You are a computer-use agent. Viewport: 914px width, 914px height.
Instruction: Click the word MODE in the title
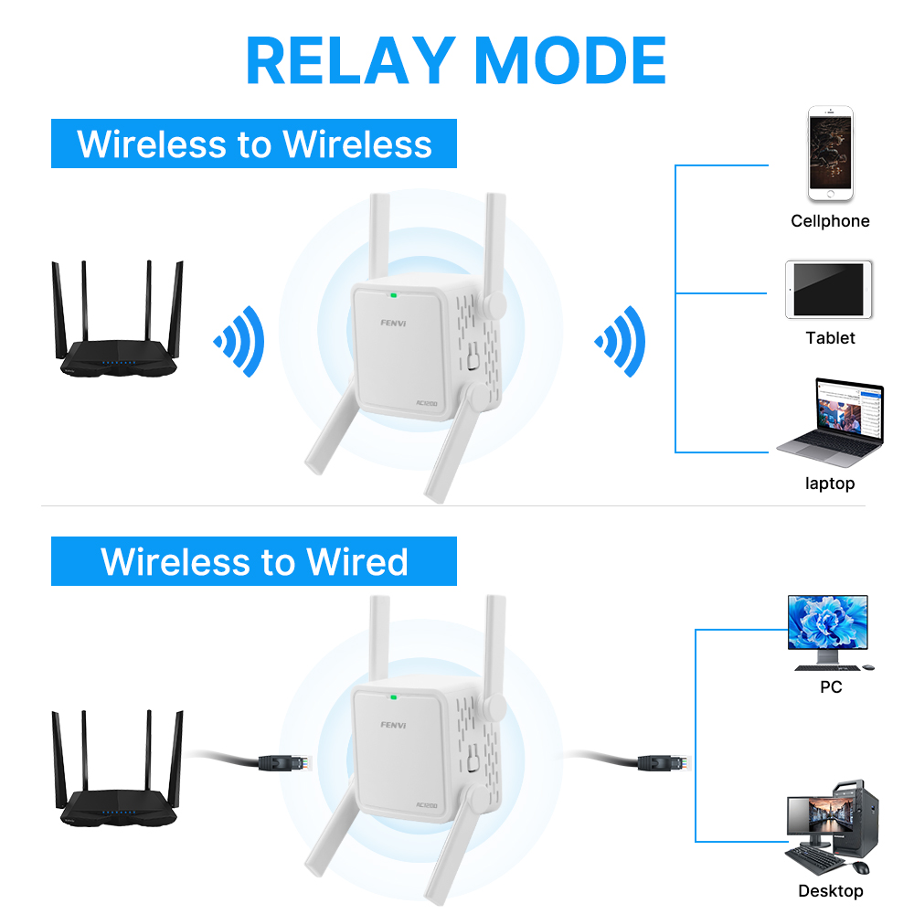tap(570, 60)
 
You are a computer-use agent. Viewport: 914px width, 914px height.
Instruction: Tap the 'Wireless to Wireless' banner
tap(254, 143)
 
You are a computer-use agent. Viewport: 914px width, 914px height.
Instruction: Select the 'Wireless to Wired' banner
tap(254, 561)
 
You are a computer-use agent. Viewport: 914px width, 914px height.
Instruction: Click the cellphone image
tap(830, 154)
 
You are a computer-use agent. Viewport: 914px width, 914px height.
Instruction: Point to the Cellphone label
tap(830, 221)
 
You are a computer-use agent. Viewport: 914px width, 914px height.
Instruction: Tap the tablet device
tap(829, 290)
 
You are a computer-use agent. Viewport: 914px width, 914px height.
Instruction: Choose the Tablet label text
tap(830, 338)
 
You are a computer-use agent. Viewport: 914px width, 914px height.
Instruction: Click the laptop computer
tap(831, 422)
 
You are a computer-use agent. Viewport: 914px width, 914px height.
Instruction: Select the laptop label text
tap(830, 484)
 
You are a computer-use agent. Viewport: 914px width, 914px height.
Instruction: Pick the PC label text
tap(831, 687)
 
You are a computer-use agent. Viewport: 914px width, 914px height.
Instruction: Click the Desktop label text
tap(831, 890)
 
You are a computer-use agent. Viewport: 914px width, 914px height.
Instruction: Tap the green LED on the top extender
tap(393, 295)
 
